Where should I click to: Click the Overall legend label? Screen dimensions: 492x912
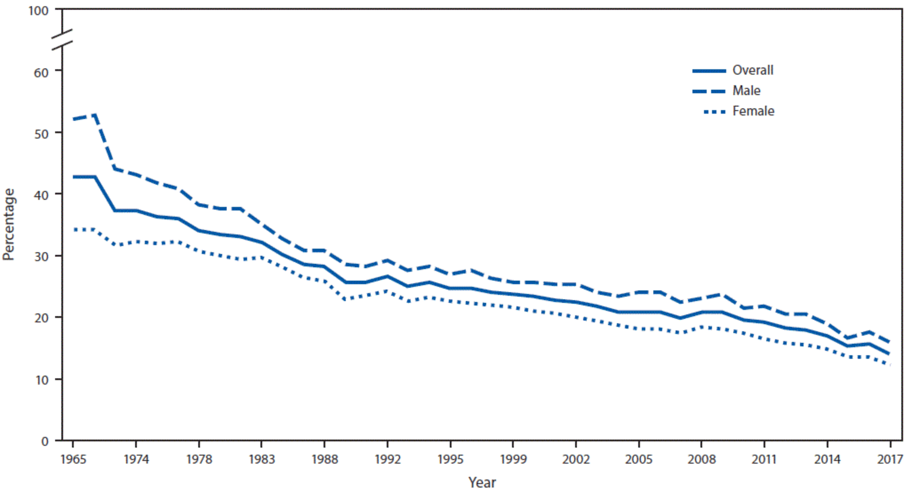click(x=752, y=70)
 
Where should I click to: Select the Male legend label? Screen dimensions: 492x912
click(x=746, y=91)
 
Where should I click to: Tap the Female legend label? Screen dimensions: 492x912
click(x=753, y=111)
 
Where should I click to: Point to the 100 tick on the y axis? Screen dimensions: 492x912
click(x=38, y=11)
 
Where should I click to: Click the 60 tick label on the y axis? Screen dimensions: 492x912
click(x=41, y=72)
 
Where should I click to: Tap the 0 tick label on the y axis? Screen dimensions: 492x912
click(x=44, y=442)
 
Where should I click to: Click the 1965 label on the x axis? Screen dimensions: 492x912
click(x=73, y=459)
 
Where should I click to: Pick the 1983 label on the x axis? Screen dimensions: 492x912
click(x=262, y=459)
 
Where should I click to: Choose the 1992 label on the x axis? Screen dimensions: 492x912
click(x=388, y=459)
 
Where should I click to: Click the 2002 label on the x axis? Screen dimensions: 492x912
click(x=576, y=459)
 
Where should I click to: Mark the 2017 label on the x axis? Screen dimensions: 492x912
click(x=890, y=459)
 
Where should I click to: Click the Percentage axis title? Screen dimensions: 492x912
click(x=9, y=224)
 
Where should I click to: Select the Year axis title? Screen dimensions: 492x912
click(x=482, y=482)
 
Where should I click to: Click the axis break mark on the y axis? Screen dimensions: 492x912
click(x=62, y=40)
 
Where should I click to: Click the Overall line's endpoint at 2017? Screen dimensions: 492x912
click(x=889, y=354)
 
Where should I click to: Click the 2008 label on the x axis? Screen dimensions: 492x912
click(x=701, y=459)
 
